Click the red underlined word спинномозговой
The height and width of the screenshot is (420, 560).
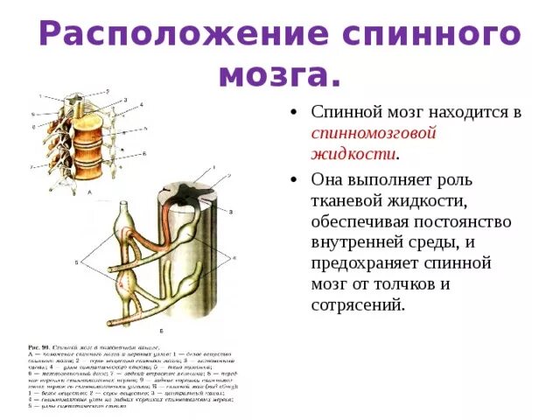(x=374, y=134)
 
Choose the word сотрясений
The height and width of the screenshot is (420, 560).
(x=358, y=305)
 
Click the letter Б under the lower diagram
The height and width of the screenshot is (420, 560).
(x=161, y=331)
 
